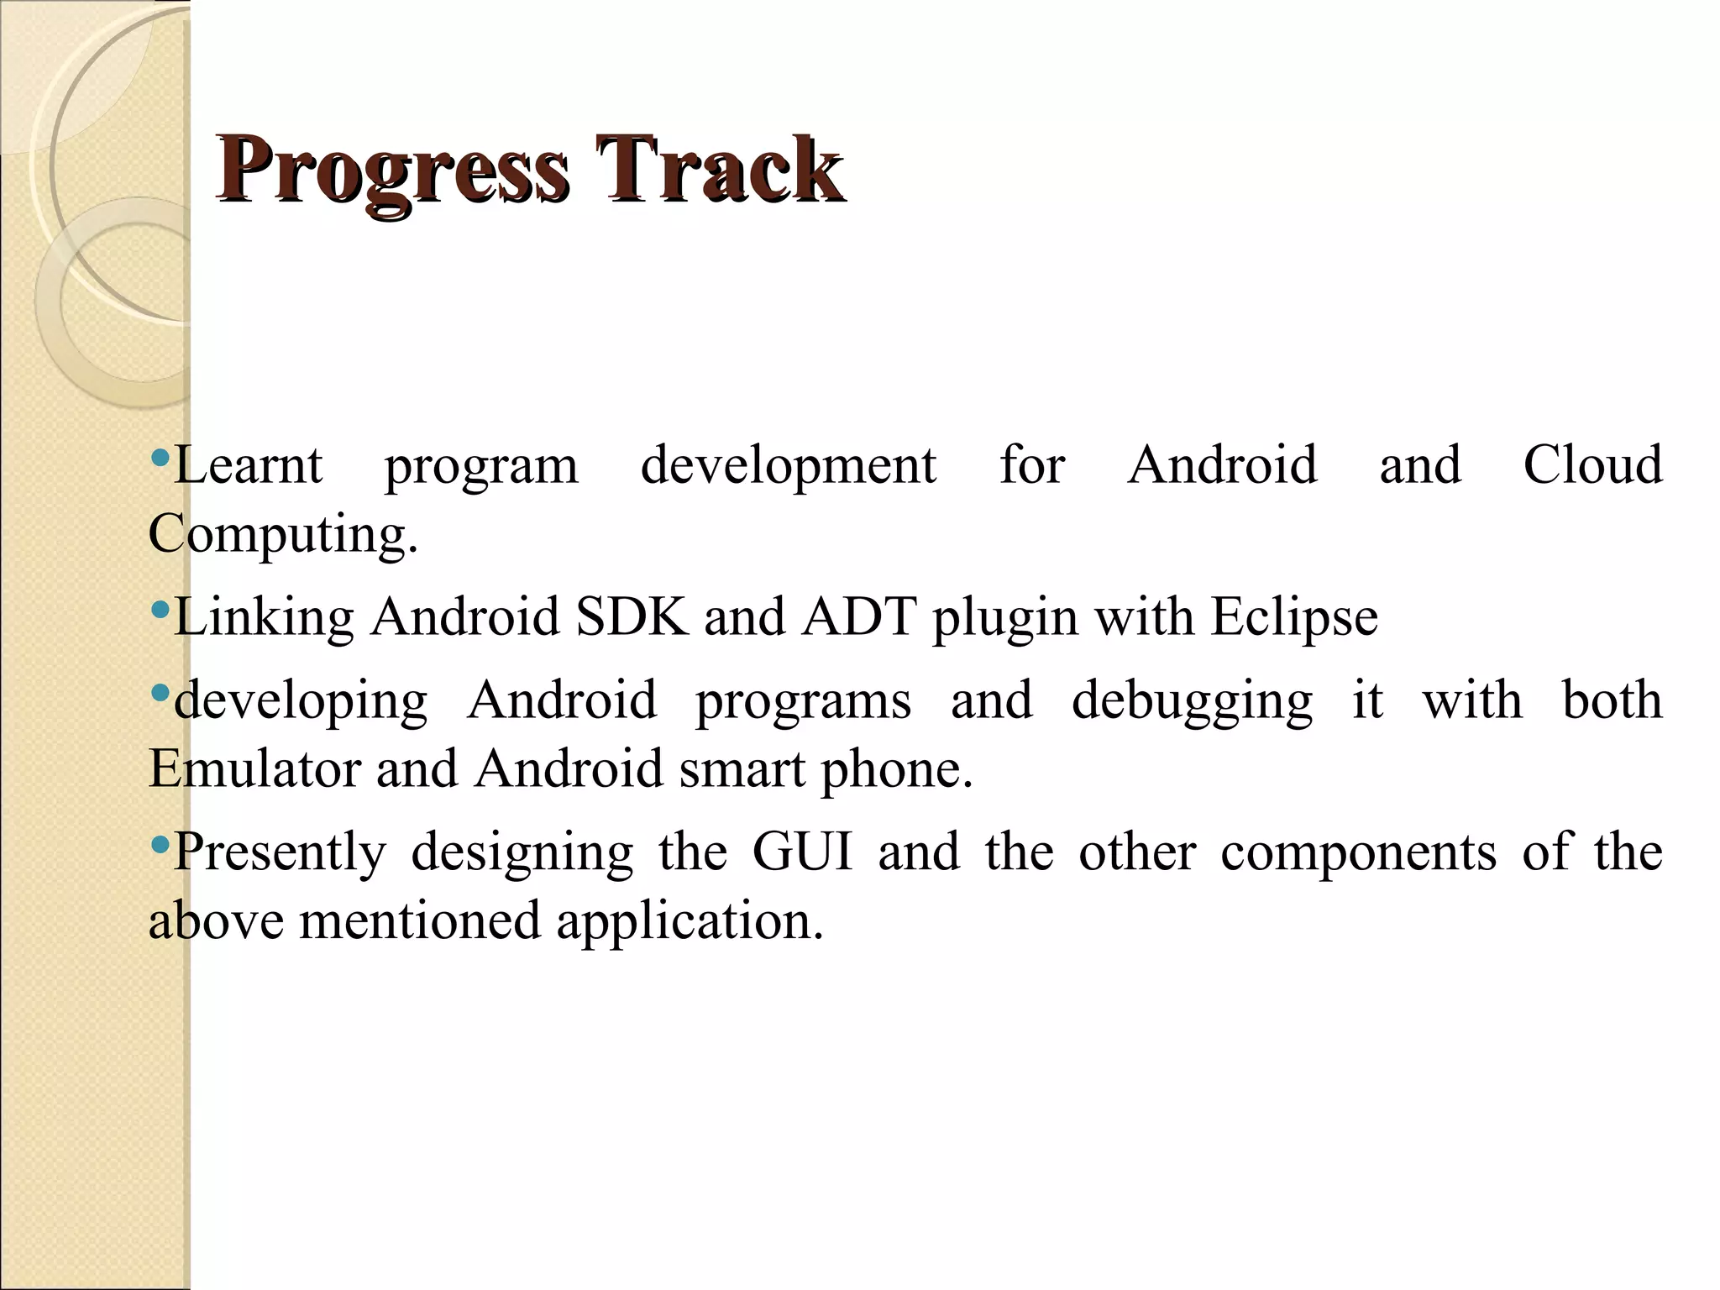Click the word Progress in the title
coord(393,171)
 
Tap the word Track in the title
coord(719,171)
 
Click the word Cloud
coord(1592,465)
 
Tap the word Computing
coord(282,534)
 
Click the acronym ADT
coord(858,617)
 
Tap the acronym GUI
coord(802,852)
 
